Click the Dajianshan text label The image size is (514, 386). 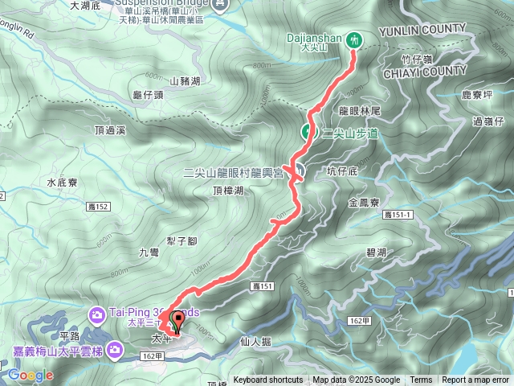coord(315,38)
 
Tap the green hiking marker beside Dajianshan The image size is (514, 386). coord(354,39)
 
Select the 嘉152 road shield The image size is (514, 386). coord(98,207)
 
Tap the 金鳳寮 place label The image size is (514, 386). coord(365,204)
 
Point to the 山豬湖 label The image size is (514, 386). coord(185,81)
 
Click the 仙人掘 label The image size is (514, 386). coord(255,341)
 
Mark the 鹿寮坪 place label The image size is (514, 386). coord(477,95)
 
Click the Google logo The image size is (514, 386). coord(31,375)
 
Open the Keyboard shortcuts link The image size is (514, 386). coord(268,380)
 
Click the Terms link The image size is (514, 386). coord(421,380)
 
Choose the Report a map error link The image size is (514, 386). coord(476,380)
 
